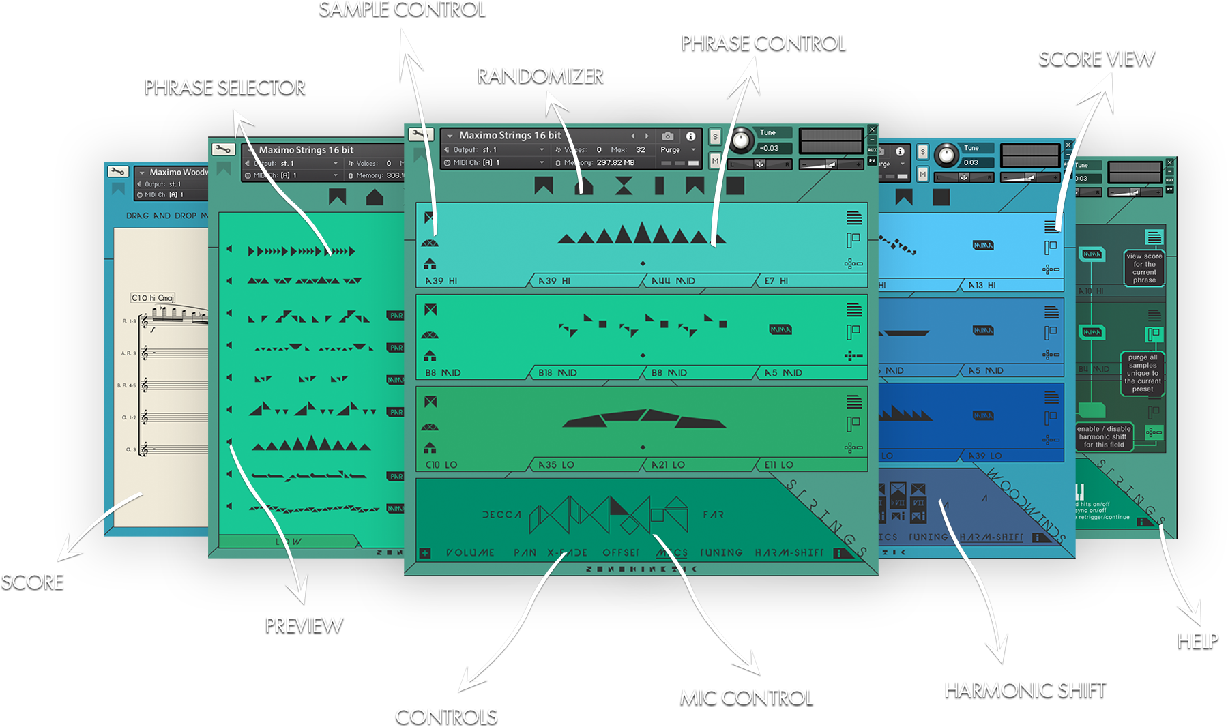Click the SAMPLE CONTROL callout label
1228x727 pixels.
click(403, 9)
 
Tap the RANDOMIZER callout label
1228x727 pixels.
click(540, 75)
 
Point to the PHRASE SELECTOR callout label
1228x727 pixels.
click(225, 87)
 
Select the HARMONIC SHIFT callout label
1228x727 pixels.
click(1025, 690)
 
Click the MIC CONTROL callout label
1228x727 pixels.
click(747, 697)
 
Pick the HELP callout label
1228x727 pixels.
click(1197, 640)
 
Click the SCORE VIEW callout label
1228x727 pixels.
click(1096, 59)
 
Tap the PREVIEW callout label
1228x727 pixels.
click(304, 625)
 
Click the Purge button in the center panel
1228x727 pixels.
click(671, 150)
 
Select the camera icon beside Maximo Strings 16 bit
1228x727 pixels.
click(668, 136)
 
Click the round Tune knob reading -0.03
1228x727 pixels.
click(740, 141)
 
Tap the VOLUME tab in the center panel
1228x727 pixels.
click(470, 552)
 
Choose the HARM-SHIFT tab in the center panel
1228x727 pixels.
click(789, 552)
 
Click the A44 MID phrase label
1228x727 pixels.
click(673, 281)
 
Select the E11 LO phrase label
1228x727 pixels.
click(778, 465)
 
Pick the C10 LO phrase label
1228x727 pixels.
click(441, 465)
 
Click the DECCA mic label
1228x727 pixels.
click(501, 515)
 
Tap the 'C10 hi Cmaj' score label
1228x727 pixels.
click(153, 298)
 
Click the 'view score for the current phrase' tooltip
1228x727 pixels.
click(1144, 268)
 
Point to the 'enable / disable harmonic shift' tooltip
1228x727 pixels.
click(1103, 436)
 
